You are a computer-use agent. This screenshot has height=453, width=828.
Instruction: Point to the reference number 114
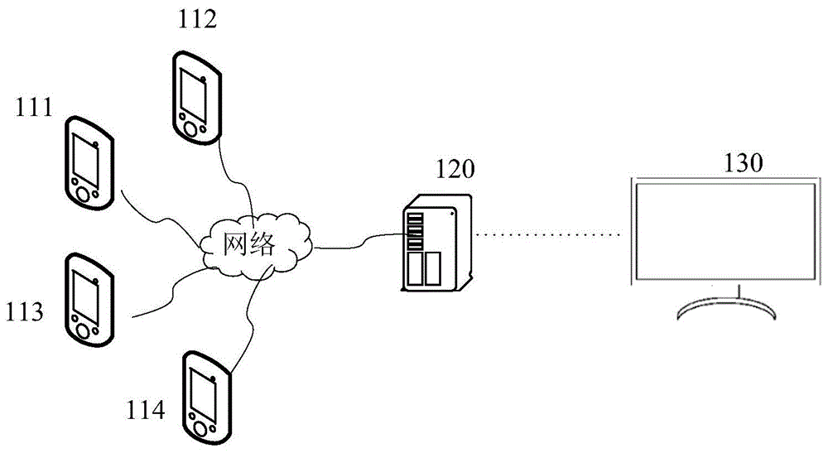146,408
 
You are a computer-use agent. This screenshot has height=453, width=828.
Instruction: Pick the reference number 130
744,163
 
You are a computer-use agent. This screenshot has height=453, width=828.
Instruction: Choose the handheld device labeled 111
88,165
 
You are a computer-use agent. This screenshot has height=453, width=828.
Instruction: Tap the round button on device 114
200,427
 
